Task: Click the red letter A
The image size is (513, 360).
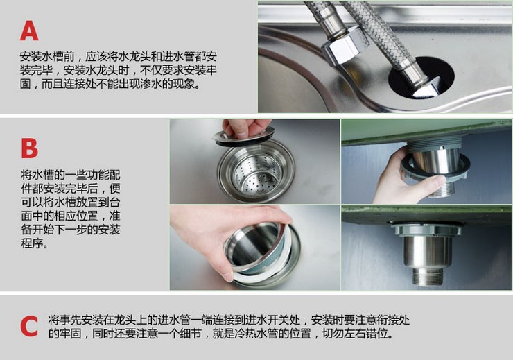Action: (29, 31)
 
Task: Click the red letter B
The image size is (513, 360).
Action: (29, 148)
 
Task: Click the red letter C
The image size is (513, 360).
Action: (29, 326)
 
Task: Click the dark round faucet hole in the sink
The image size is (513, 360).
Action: (421, 77)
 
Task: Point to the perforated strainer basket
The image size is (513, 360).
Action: (257, 171)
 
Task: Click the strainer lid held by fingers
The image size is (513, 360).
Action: (244, 137)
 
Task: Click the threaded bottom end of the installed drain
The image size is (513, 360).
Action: (427, 277)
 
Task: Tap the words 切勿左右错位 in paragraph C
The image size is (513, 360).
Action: (355, 334)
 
